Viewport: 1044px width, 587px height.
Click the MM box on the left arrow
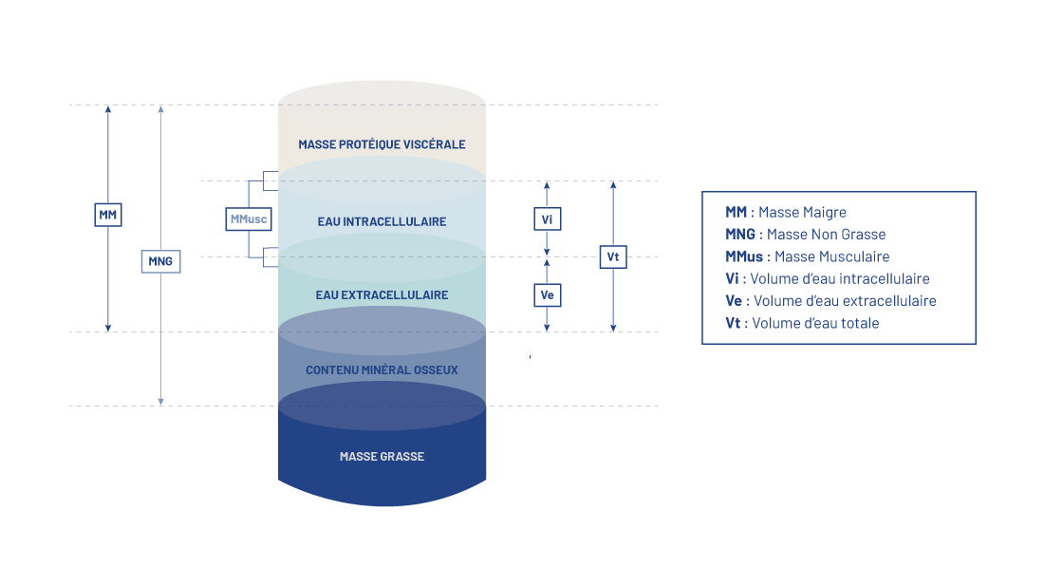coord(108,216)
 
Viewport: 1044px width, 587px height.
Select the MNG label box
coord(160,260)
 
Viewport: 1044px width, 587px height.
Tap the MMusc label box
coord(249,219)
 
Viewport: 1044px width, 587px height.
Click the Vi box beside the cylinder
coord(547,219)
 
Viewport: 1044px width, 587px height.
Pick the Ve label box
coord(547,295)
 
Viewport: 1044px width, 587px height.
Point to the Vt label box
coord(613,256)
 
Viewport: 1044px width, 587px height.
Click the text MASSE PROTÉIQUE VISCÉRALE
coord(382,144)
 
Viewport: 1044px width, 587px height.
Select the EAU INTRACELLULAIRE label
coord(382,221)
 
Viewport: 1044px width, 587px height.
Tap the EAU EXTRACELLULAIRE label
coord(382,295)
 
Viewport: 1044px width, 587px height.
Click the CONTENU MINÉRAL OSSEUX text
coord(382,369)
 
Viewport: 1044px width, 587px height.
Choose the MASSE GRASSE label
coord(382,457)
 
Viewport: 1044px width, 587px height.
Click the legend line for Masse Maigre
coord(785,213)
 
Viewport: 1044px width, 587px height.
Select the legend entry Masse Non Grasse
coord(805,235)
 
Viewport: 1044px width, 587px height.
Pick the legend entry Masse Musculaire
coord(807,257)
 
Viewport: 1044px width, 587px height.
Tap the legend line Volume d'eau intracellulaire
coord(827,279)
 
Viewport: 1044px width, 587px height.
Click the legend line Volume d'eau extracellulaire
coord(830,301)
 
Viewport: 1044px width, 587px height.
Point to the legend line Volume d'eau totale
coord(802,324)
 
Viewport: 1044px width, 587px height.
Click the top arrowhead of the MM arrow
coord(108,109)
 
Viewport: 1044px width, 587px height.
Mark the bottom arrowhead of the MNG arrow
coord(160,401)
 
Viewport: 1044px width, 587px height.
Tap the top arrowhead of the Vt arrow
coord(613,185)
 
